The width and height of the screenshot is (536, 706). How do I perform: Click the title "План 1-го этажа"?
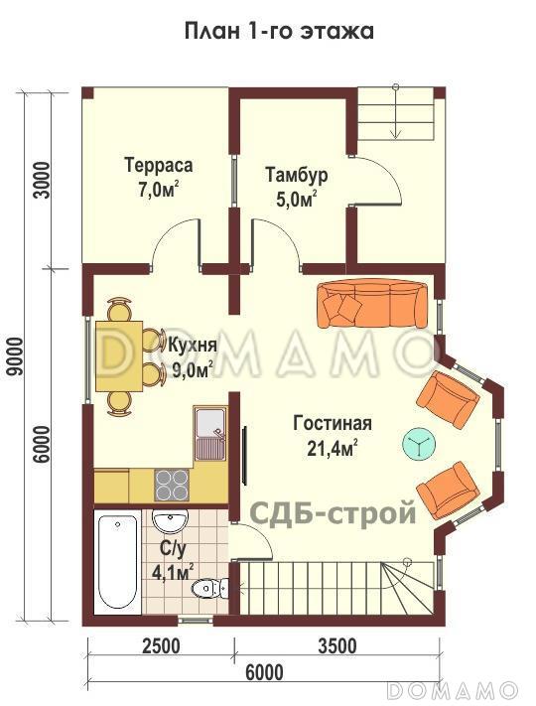coord(279,31)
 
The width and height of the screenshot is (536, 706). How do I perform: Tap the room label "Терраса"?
coord(158,165)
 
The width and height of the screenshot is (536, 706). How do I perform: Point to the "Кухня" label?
coord(193,348)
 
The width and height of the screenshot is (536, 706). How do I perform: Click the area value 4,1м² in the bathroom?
coord(173,572)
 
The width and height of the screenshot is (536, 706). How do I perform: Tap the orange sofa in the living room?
coord(372,303)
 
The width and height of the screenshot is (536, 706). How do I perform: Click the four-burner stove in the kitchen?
coord(172,485)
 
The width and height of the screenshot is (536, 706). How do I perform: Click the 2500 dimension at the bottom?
coord(161,646)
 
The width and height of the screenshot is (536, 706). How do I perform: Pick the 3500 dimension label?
coord(337,646)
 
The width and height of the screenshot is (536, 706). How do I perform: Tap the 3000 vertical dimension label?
coord(41,180)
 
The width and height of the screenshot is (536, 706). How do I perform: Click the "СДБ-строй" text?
coord(332,513)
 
